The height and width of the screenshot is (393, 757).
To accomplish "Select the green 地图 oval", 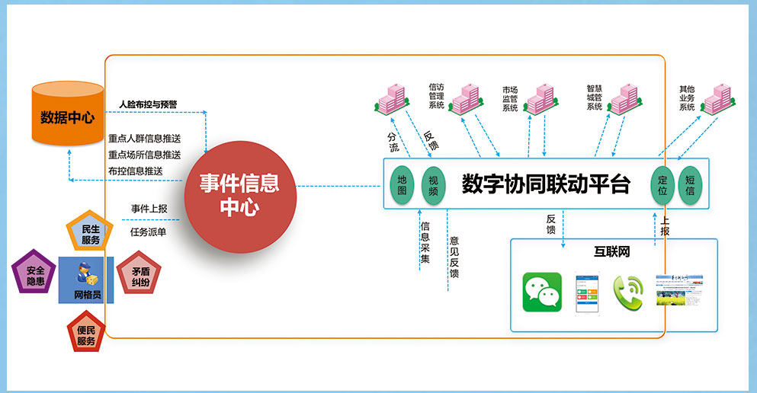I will tap(402, 185).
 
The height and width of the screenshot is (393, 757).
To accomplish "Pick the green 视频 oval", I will tap(433, 185).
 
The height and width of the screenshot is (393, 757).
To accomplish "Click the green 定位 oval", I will tap(662, 185).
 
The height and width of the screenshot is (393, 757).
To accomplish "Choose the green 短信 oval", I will tap(690, 185).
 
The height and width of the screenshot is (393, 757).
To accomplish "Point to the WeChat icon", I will tap(542, 292).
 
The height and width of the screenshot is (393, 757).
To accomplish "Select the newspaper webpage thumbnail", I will tap(681, 292).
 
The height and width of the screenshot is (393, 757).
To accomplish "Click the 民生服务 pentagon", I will tap(91, 234).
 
